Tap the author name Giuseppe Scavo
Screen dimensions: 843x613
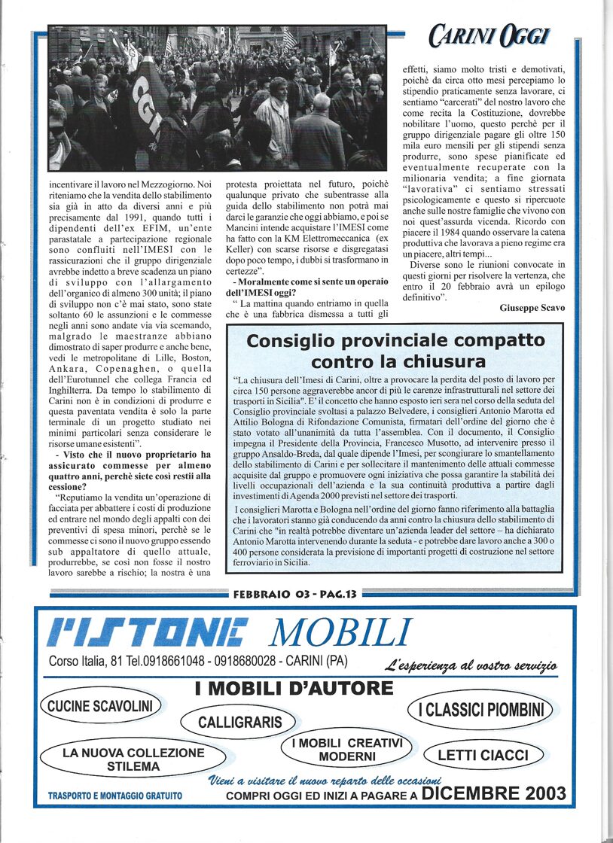532,308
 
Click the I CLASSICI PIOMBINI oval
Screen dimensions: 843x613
480,709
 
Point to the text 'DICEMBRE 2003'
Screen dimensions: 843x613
493,793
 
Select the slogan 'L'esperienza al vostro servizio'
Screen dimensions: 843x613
471,665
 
